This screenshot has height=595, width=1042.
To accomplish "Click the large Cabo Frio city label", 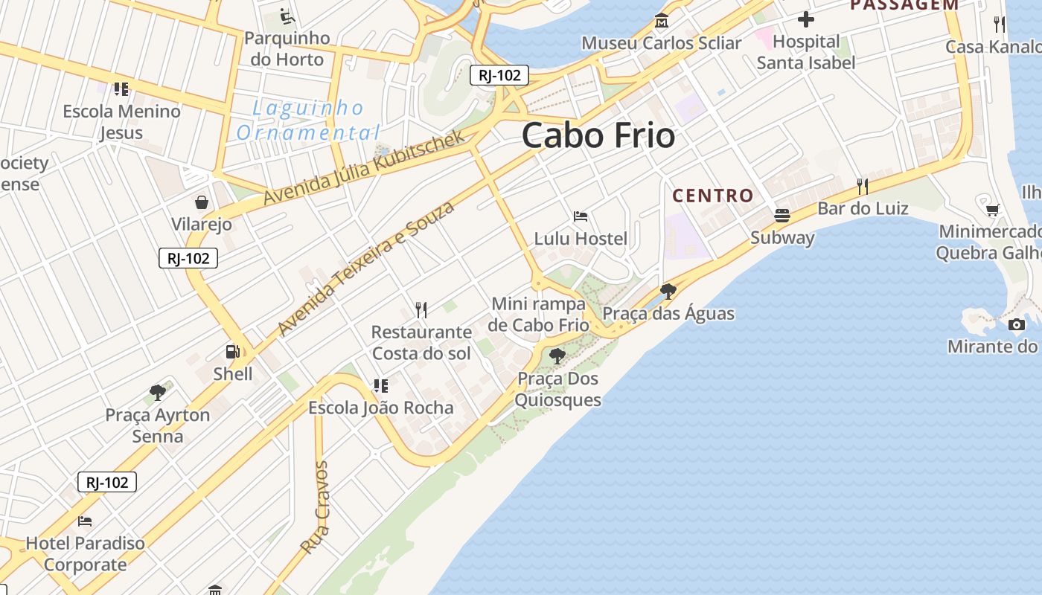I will [598, 136].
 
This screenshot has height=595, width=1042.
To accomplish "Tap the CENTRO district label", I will [713, 196].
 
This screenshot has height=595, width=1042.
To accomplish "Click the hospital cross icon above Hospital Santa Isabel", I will [805, 19].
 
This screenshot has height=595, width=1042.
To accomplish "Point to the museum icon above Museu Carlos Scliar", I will [661, 21].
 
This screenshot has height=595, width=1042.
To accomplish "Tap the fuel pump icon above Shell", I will [233, 352].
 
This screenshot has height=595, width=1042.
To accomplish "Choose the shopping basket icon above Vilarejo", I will [201, 202].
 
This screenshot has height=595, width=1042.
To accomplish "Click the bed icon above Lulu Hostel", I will [581, 216].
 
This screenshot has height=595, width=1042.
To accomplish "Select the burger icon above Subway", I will [781, 216].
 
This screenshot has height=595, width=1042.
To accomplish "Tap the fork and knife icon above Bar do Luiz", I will [863, 186].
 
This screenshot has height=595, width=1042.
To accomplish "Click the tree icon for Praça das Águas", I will [668, 291].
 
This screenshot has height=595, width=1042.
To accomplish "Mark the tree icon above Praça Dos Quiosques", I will [557, 356].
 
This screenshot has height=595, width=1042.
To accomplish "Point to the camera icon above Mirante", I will [1017, 324].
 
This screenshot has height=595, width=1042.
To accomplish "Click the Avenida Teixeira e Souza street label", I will [365, 268].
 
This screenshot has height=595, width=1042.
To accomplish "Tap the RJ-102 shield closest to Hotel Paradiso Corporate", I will [107, 482].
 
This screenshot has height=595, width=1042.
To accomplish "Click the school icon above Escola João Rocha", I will [380, 385].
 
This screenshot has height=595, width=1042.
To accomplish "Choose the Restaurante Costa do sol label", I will [421, 342].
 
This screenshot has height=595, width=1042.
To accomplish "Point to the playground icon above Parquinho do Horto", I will [287, 16].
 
